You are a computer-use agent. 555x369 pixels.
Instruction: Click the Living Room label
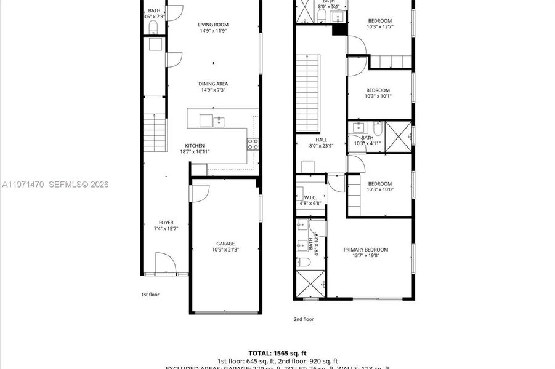pos(213,25)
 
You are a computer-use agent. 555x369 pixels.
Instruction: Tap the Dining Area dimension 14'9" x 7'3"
pos(213,90)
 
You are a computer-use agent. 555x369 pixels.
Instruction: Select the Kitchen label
pos(195,146)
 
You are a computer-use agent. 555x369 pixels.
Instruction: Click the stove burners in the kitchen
pos(253,144)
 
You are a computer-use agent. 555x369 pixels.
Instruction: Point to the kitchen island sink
pos(219,122)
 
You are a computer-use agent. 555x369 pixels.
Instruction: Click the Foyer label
pos(166,223)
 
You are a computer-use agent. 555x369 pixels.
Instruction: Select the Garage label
pos(225,244)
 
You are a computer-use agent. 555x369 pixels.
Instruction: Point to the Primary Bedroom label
pos(366,250)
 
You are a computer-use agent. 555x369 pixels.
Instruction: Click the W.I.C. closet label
pos(310,197)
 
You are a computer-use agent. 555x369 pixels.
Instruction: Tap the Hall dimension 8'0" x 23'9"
pos(321,146)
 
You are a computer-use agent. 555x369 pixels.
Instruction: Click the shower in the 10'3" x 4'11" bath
pos(399,136)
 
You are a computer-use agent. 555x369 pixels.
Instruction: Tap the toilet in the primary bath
pos(304,263)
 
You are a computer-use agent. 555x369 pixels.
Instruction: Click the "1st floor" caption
pos(150,295)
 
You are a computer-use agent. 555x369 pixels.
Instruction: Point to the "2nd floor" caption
pos(302,319)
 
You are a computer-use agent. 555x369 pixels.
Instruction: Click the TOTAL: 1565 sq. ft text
pos(277,353)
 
